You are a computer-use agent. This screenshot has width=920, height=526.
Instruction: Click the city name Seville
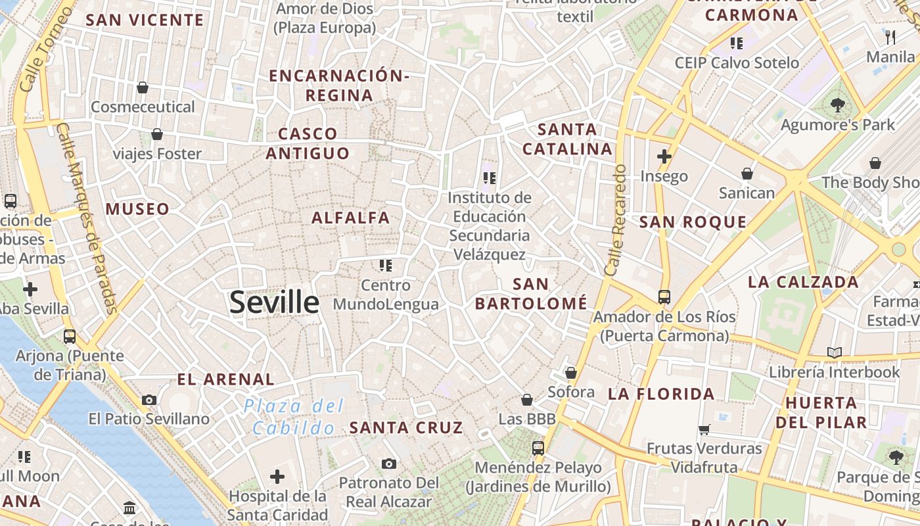click(275, 302)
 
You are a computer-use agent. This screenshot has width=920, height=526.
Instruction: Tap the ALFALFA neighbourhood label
click(351, 218)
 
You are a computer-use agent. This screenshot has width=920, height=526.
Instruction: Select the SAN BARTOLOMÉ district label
click(531, 294)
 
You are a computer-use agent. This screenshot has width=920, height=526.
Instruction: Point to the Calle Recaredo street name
click(616, 220)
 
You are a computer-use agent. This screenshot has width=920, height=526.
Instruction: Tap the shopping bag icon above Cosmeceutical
click(142, 87)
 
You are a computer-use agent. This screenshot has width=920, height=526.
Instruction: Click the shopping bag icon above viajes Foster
click(157, 135)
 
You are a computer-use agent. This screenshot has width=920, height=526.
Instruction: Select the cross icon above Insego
click(664, 156)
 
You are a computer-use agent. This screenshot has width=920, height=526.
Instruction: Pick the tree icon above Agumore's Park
click(838, 105)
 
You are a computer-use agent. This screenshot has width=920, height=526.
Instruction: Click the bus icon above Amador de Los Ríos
click(664, 297)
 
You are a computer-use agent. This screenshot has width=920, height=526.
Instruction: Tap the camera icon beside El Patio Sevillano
click(149, 400)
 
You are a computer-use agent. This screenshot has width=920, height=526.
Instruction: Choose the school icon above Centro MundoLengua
click(386, 266)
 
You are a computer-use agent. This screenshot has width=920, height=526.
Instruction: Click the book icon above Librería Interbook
click(835, 353)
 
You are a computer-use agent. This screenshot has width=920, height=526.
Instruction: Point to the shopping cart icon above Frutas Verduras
click(704, 430)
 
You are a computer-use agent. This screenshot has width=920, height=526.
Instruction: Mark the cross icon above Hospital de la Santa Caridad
click(277, 476)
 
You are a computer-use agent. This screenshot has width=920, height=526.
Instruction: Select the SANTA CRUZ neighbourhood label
click(406, 428)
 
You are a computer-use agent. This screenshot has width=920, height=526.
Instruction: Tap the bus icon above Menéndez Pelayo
click(538, 448)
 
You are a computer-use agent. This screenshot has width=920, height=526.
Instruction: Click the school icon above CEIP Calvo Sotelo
click(737, 43)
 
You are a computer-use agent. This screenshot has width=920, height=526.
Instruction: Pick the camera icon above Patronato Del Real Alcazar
click(389, 464)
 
